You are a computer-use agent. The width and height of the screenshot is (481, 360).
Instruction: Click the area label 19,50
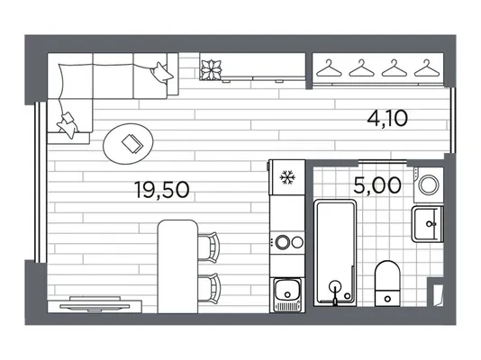(x=161, y=190)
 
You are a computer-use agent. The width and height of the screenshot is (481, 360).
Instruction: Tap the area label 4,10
(x=387, y=119)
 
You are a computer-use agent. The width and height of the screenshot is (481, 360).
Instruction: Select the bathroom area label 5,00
(x=377, y=185)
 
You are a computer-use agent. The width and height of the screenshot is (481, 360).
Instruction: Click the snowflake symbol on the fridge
(x=287, y=177)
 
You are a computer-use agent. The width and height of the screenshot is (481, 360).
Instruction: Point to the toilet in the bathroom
(x=387, y=283)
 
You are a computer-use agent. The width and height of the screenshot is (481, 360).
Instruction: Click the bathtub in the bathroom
(x=335, y=253)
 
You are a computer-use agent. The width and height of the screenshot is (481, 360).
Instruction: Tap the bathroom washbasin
(x=427, y=224)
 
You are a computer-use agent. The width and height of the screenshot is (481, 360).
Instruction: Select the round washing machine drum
(x=429, y=184)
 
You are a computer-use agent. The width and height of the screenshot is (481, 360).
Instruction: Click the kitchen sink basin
(x=287, y=290)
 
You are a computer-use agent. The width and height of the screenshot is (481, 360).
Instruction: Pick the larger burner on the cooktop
(x=283, y=242)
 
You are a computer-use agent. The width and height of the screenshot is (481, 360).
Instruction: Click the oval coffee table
(x=128, y=143)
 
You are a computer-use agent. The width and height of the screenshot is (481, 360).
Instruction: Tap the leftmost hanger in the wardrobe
(x=329, y=68)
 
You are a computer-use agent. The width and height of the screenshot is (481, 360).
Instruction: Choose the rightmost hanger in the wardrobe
(x=427, y=68)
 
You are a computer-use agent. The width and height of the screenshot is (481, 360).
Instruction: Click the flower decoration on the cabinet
(x=211, y=70)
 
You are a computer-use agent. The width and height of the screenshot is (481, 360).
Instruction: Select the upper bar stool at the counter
(x=209, y=247)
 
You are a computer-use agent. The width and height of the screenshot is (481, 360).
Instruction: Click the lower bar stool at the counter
(x=209, y=288)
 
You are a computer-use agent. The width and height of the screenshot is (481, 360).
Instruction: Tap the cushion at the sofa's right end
(x=160, y=72)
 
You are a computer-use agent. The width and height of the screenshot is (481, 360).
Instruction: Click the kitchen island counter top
(x=177, y=266)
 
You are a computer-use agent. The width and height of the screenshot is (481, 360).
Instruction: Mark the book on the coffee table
(x=132, y=143)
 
